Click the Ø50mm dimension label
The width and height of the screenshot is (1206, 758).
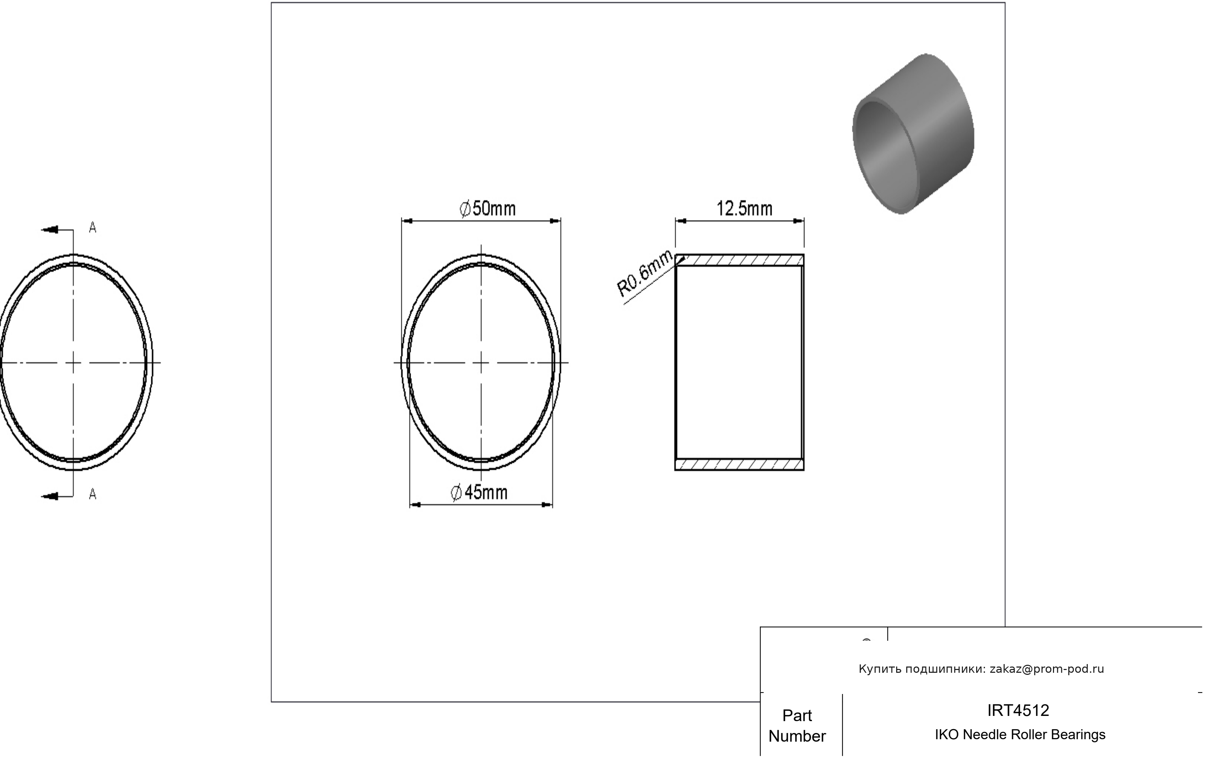(x=487, y=208)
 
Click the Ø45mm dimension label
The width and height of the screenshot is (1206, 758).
(x=479, y=493)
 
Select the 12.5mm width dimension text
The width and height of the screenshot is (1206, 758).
(x=744, y=208)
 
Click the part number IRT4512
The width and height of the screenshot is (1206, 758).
(x=1018, y=710)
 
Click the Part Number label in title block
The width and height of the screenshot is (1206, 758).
(x=797, y=725)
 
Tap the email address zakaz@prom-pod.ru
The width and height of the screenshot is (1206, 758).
(x=1047, y=669)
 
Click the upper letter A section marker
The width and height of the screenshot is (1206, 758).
(x=93, y=228)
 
